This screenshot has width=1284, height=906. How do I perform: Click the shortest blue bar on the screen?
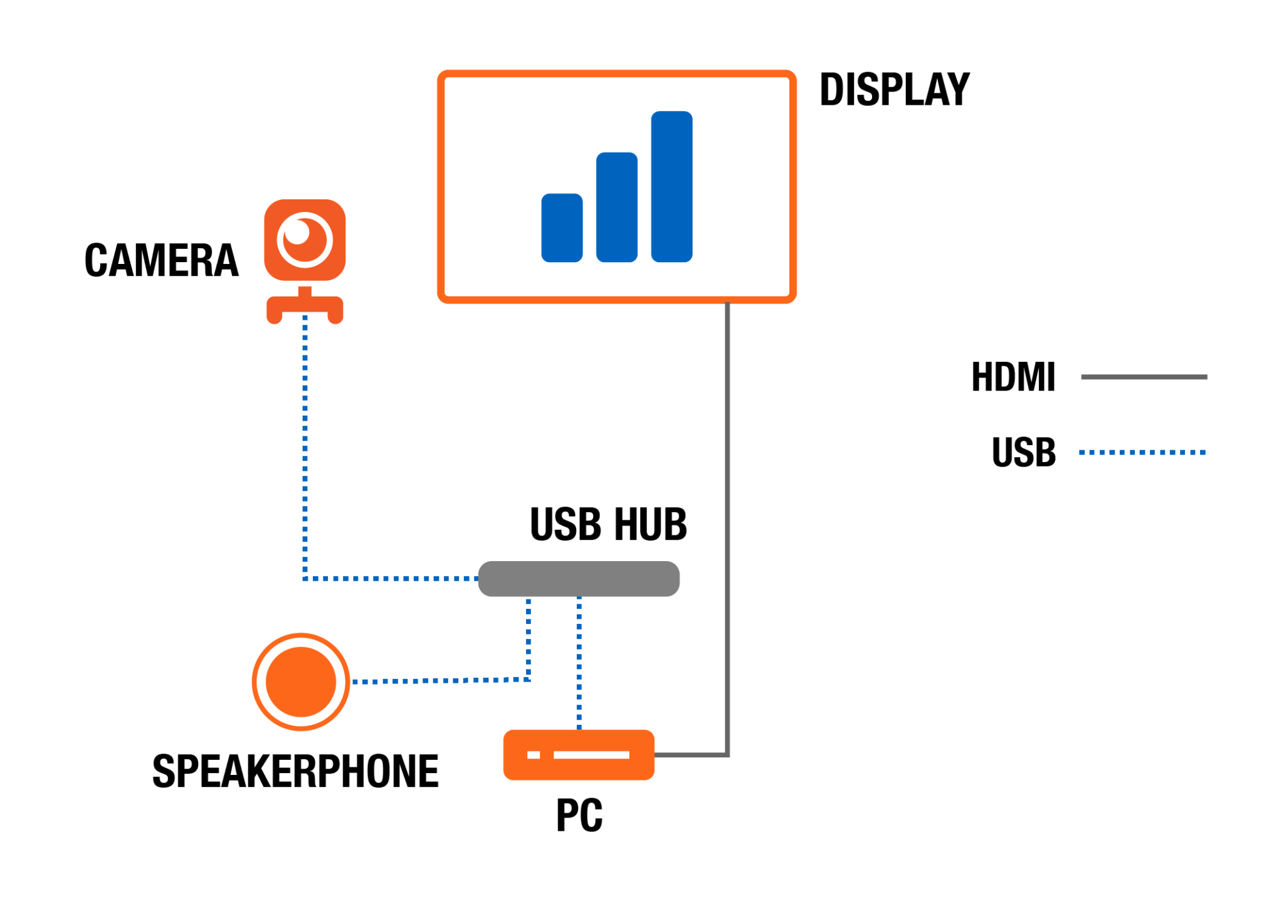tap(562, 228)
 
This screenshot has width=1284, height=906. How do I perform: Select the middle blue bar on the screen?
tap(616, 208)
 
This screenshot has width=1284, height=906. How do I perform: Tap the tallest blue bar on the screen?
tap(671, 187)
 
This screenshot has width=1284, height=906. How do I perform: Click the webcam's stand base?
tap(305, 307)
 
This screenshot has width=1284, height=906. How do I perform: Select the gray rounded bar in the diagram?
tap(579, 578)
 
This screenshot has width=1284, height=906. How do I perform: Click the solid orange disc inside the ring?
tap(301, 682)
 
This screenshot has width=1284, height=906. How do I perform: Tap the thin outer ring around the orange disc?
tap(255, 682)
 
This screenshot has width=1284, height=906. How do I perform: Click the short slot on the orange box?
tap(534, 754)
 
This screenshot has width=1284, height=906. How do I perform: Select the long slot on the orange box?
tap(591, 754)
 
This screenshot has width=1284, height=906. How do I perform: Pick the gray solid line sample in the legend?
tap(1144, 377)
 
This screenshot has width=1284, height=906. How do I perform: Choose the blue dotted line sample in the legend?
tap(1142, 452)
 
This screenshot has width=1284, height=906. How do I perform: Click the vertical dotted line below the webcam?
tap(305, 439)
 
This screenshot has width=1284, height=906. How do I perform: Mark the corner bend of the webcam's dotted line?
tap(305, 578)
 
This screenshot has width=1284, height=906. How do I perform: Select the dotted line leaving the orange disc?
tap(439, 680)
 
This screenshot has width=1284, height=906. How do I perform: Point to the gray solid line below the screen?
tap(727, 502)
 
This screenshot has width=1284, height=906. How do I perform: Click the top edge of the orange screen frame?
tap(616, 73)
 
